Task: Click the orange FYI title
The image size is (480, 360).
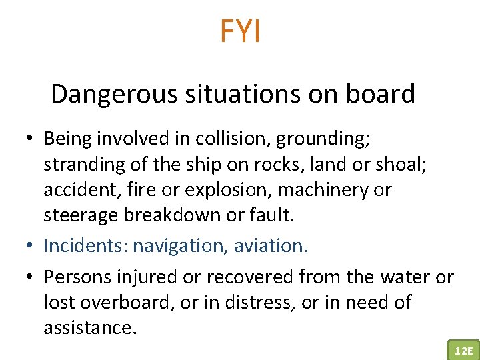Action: click(x=240, y=31)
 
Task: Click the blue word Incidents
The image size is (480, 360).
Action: click(x=85, y=245)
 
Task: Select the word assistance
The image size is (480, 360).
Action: click(x=89, y=328)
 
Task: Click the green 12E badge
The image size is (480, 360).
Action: click(x=462, y=350)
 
